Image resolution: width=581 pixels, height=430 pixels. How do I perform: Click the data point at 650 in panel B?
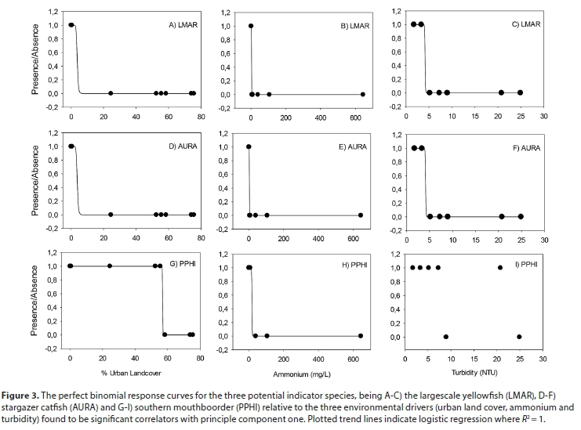tap(363, 94)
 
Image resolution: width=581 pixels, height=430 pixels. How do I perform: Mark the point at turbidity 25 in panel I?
tap(520, 337)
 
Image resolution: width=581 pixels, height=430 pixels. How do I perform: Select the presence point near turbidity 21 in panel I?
tap(500, 268)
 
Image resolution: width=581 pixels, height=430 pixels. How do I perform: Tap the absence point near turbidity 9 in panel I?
tap(446, 337)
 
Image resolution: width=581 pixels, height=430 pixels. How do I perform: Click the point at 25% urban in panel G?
tap(110, 266)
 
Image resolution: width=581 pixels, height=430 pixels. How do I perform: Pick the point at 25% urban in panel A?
tap(111, 93)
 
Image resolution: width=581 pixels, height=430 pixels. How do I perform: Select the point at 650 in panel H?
tap(361, 335)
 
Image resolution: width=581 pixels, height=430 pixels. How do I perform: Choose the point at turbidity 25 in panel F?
tap(521, 216)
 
